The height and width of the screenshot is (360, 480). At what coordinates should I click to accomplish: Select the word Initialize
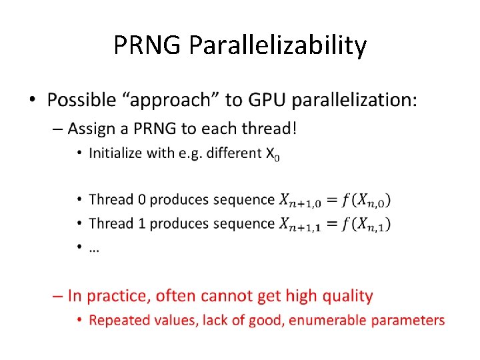115,153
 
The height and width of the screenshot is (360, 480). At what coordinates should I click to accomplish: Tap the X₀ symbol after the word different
273,154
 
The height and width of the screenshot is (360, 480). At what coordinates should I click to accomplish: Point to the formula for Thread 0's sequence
335,200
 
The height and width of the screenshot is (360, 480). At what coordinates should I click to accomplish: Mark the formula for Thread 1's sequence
335,224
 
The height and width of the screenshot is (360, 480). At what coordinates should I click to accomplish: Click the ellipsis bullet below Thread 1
94,247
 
